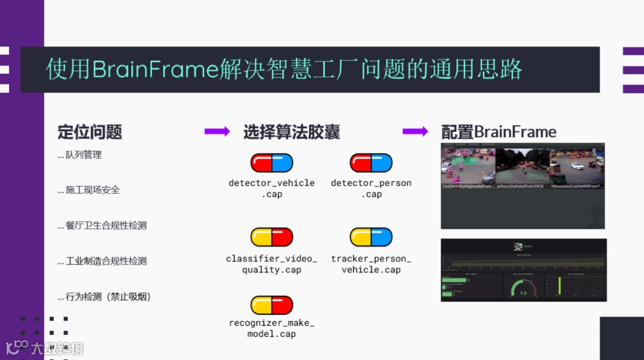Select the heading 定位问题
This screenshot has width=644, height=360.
(89, 132)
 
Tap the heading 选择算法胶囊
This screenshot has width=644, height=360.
(291, 132)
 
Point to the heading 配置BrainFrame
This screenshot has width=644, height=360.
(499, 132)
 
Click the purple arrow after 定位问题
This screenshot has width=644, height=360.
(217, 132)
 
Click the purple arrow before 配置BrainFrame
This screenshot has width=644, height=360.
(415, 132)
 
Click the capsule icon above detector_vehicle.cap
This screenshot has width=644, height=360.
(271, 163)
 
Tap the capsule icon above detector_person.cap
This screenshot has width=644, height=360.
(371, 163)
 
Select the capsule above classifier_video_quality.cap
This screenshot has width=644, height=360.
(271, 237)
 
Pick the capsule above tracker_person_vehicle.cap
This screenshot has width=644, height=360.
(371, 237)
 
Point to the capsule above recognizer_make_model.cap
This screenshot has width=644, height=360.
(271, 305)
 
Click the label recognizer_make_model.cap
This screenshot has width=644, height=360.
(271, 328)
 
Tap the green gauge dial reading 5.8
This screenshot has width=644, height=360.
(523, 287)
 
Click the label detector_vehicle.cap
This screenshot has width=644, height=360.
(271, 188)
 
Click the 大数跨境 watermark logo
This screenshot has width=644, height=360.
(45, 347)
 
